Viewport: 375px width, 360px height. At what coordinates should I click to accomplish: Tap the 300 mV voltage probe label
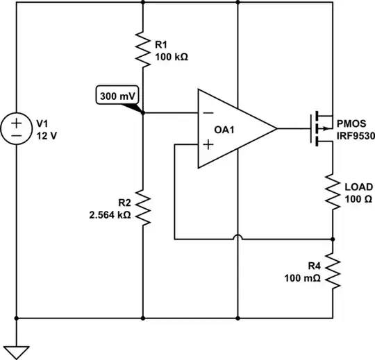(115, 96)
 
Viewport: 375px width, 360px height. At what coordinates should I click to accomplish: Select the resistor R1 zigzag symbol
(142, 49)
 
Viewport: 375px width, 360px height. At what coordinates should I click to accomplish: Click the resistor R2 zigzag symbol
(142, 208)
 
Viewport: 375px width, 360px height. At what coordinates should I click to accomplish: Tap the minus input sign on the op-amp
(206, 113)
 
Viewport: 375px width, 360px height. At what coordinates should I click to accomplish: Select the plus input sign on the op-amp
(206, 145)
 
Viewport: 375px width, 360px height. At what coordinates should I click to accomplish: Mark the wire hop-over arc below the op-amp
(237, 239)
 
